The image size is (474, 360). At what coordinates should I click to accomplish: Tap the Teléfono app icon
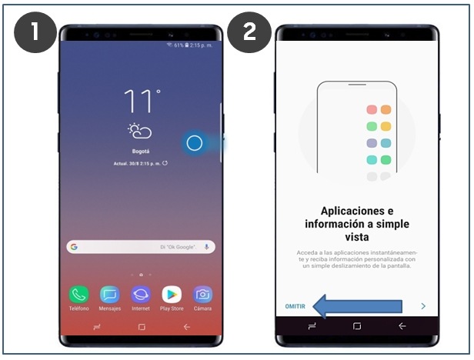coord(78,295)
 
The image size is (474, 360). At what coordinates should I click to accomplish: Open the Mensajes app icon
coord(110,295)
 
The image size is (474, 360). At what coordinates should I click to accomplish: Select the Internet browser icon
coord(141,295)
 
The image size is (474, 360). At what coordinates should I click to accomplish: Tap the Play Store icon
coord(172,295)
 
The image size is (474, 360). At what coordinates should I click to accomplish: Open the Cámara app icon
coord(202,295)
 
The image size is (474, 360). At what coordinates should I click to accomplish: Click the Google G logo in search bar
coord(74,247)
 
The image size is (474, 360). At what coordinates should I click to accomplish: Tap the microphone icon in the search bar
coord(206,247)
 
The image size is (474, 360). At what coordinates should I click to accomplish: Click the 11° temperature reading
coord(141,102)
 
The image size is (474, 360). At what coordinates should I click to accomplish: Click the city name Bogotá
coord(140,152)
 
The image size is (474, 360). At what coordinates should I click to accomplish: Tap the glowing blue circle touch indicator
coord(195,143)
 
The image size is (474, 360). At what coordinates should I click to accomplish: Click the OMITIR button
coord(295,306)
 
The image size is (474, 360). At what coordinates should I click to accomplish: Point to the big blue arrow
coord(357,306)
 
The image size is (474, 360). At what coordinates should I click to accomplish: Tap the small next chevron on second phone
coord(423,306)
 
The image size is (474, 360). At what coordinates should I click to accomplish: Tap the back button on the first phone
coord(186,327)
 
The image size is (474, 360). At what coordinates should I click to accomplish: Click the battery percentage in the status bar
coord(181,46)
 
